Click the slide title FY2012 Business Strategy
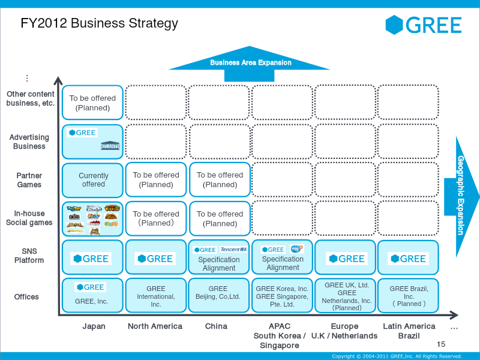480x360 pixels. pos(100,23)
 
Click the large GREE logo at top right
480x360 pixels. pos(424,25)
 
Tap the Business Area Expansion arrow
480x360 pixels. pos(250,63)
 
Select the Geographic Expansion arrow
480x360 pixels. pos(461,196)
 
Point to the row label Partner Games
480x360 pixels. pos(29,180)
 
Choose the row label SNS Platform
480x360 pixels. pos(29,256)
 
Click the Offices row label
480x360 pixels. pos(26,296)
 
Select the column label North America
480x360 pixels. pos(155,326)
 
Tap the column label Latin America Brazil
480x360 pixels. pos(409,331)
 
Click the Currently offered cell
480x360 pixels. pos(94,180)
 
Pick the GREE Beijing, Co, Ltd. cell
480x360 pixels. pos(218,293)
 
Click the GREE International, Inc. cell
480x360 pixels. pos(156,296)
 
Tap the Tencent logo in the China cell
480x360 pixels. pos(233,250)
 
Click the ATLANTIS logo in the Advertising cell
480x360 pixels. pos(110,146)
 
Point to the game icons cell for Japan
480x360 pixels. pos(93,219)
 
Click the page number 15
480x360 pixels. pos(442,344)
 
